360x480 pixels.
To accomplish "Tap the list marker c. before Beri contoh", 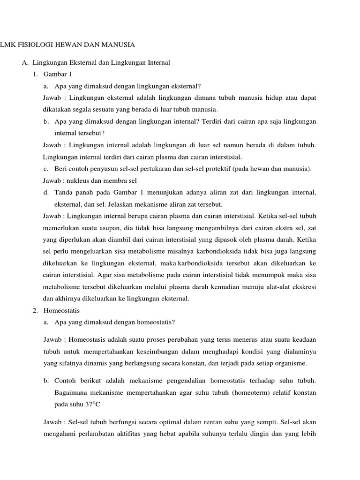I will (45, 168).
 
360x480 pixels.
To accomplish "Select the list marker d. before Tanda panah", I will (45, 192).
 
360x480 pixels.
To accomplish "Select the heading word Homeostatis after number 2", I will (61, 310).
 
